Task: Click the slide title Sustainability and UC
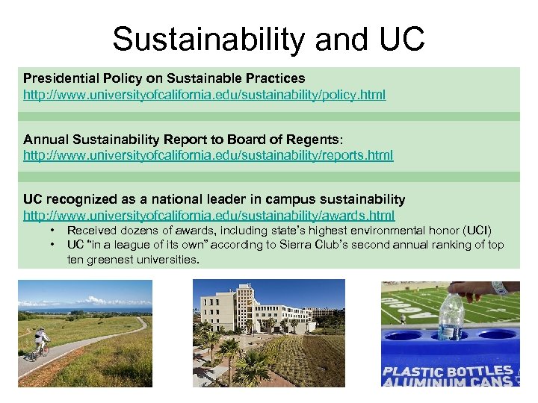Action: pyautogui.click(x=268, y=39)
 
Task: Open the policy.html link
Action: pyautogui.click(x=204, y=96)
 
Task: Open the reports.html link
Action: pyautogui.click(x=208, y=155)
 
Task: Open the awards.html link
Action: pyautogui.click(x=208, y=216)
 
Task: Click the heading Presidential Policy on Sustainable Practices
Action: pyautogui.click(x=164, y=78)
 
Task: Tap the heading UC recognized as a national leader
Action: pyautogui.click(x=214, y=199)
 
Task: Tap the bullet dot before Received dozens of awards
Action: pyautogui.click(x=52, y=231)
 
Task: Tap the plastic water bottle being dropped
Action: pyautogui.click(x=451, y=317)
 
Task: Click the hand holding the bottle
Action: pyautogui.click(x=478, y=290)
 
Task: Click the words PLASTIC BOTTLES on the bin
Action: pyautogui.click(x=447, y=371)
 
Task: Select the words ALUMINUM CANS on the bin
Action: pyautogui.click(x=447, y=382)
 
